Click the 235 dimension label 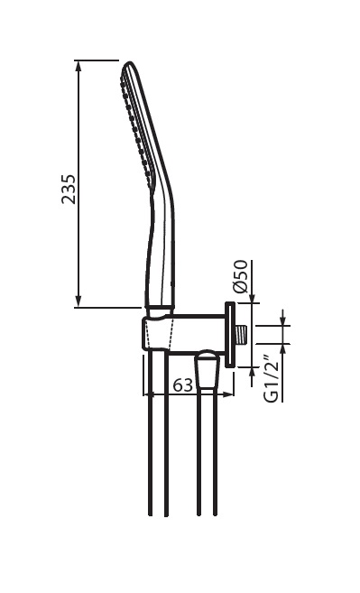(69, 190)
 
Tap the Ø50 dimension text (241, 276)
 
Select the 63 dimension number (183, 385)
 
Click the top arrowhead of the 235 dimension (78, 66)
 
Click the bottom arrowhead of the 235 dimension (78, 301)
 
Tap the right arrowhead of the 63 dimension (228, 394)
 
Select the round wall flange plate (230, 335)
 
